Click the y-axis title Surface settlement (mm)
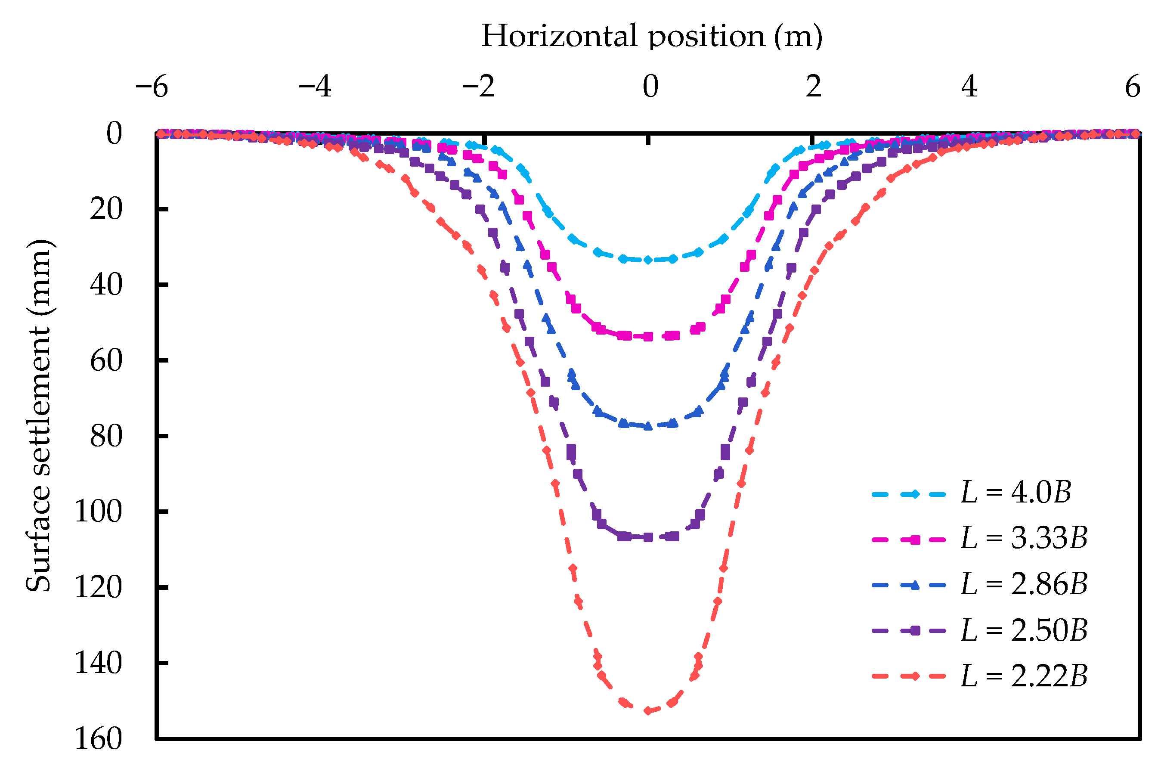click(x=38, y=415)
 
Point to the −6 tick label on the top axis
click(x=152, y=87)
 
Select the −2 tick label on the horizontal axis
click(x=479, y=87)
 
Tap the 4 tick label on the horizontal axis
click(x=969, y=87)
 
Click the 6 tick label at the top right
click(x=1133, y=87)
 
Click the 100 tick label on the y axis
click(x=98, y=512)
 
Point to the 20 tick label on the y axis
click(x=106, y=209)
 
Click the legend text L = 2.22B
click(x=1024, y=676)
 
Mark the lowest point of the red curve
click(x=647, y=711)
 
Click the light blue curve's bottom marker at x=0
click(x=648, y=260)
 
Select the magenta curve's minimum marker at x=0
click(x=648, y=337)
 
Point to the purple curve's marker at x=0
click(x=648, y=537)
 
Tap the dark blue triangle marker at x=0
click(x=648, y=426)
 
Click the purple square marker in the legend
click(x=915, y=631)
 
